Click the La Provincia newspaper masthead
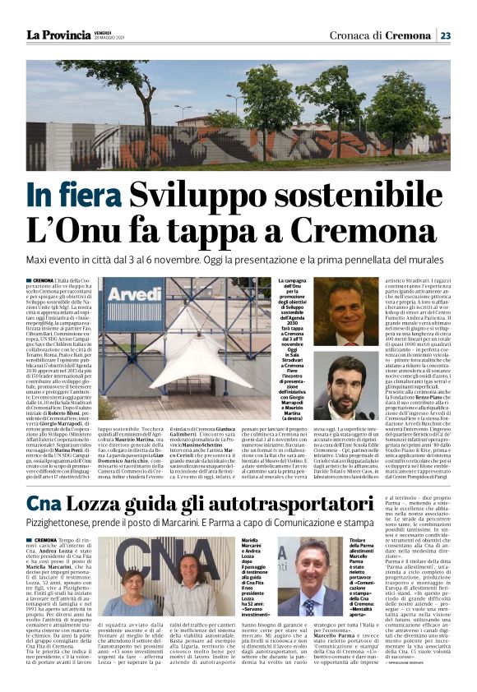pos(58,35)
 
